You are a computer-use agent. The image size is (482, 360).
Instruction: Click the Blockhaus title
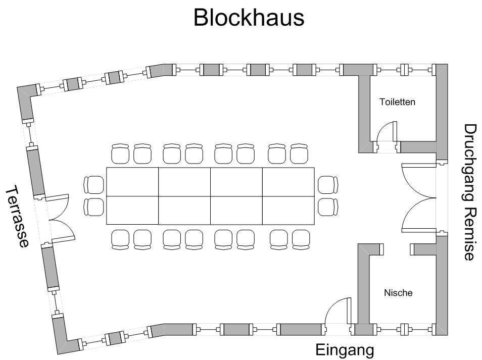coord(249,18)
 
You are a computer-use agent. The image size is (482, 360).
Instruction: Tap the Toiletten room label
coord(397,102)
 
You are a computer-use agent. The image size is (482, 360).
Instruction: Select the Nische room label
coord(398,293)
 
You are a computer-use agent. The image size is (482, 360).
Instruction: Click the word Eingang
coord(345,350)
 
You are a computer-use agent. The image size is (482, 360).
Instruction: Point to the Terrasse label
coord(17,217)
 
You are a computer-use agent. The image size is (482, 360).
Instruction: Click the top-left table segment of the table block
coord(132,182)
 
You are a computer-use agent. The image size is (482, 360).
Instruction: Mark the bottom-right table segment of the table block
coord(288,210)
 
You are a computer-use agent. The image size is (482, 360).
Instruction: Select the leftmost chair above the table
coord(121,153)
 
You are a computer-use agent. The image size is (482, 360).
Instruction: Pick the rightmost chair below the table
coord(302,239)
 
